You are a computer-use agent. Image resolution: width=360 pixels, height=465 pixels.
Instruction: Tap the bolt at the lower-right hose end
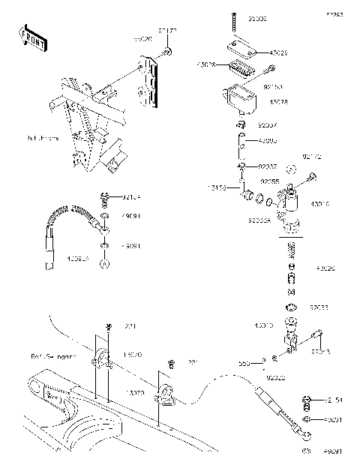pos(307,400)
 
